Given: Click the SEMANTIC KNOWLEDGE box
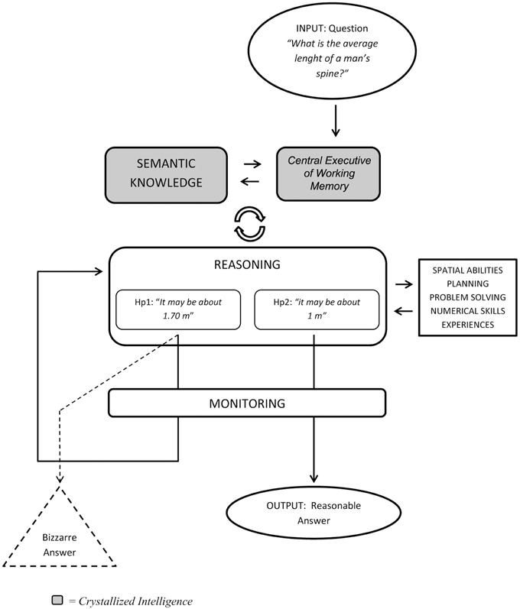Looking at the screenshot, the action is coord(166,175).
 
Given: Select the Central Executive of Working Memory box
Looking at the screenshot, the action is coord(328,173).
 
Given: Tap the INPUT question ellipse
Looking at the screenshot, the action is coord(333,50).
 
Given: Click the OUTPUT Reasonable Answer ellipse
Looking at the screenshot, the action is coord(314,513).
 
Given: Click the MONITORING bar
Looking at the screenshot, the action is coord(247,403).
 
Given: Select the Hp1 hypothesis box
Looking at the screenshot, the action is coord(178,309).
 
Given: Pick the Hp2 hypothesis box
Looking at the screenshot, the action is coord(317,309).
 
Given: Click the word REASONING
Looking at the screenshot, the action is coord(247,264).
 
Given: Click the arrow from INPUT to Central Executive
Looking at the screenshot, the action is coord(336,121).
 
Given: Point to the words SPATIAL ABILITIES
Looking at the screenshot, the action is coord(467,270).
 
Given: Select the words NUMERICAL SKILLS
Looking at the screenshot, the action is coord(467,311).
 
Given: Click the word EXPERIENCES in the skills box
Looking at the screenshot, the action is coord(467,325).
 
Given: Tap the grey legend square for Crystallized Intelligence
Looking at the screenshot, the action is coord(57,600).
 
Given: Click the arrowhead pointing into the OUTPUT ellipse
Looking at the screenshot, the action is coord(314,478).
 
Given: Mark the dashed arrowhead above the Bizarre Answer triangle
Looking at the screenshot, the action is coord(60,478).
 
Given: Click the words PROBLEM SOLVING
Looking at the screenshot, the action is coord(467,297).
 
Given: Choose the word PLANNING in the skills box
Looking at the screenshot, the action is coord(467,283).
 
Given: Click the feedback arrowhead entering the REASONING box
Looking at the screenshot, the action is coord(99,271).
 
